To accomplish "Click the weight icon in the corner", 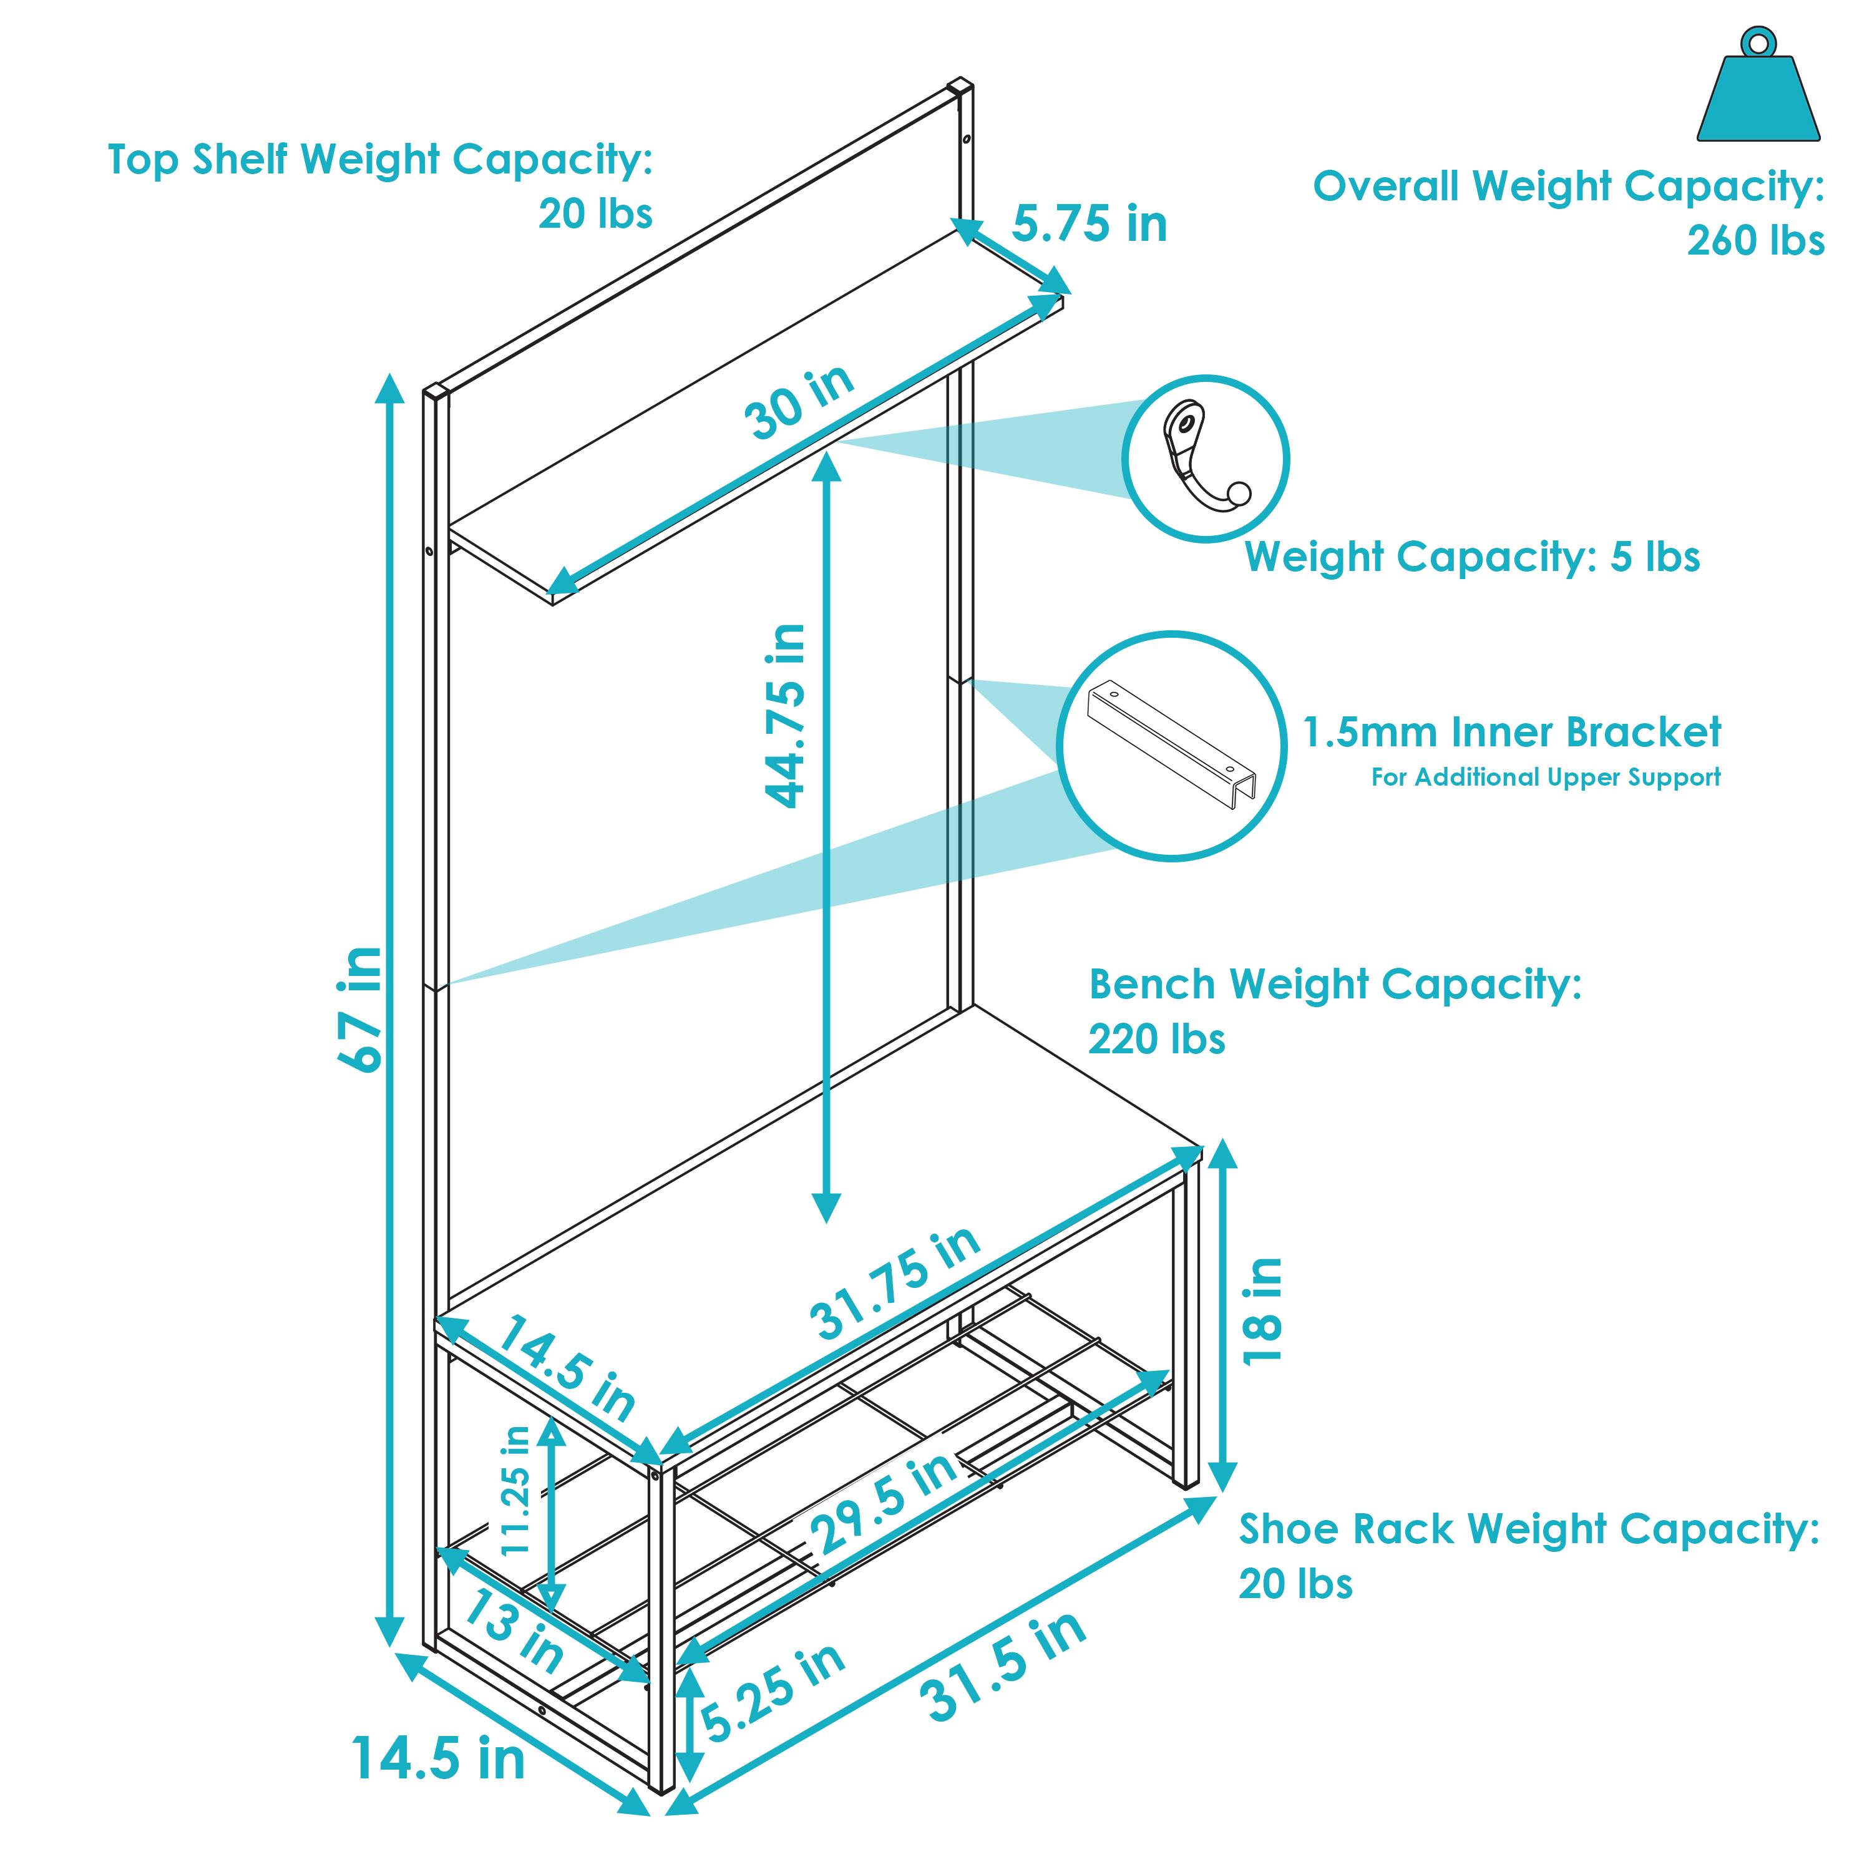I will (1758, 92).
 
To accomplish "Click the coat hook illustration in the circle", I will (1204, 458).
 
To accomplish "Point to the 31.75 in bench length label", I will (895, 1285).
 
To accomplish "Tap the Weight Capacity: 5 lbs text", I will (1472, 557).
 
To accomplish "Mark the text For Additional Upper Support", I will (1546, 777).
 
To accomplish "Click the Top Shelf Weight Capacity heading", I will (380, 160).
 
